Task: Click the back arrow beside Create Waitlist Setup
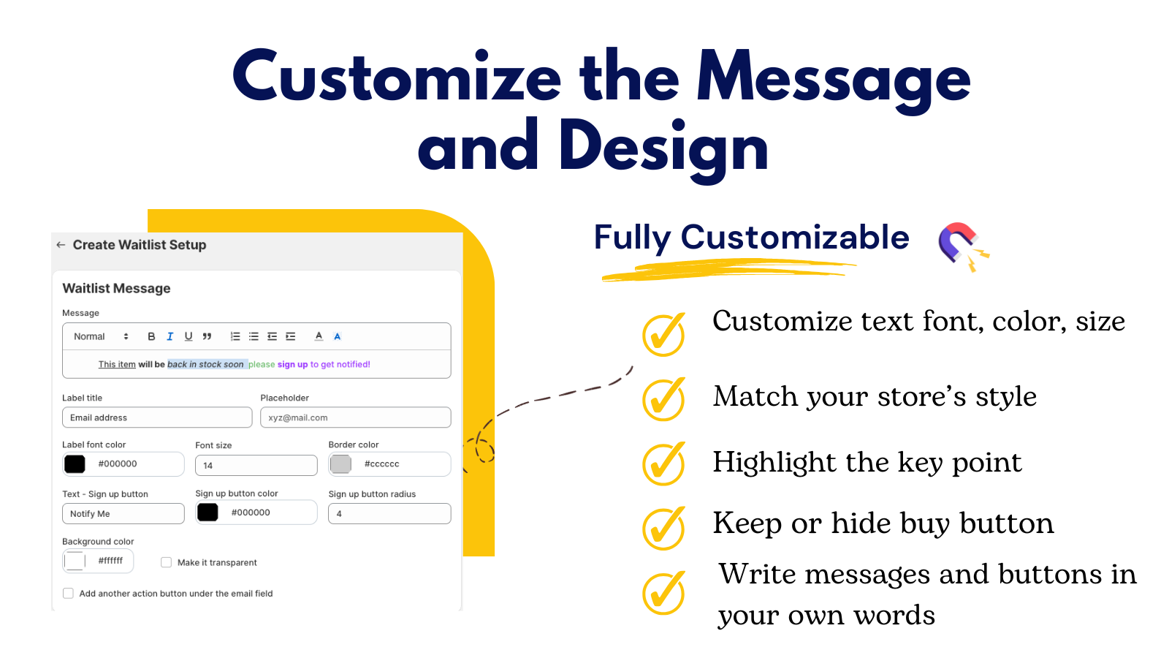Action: pyautogui.click(x=61, y=245)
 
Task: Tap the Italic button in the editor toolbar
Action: pyautogui.click(x=170, y=336)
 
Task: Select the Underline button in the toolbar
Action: pyautogui.click(x=189, y=336)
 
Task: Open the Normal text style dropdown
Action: pyautogui.click(x=101, y=336)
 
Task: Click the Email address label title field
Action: pyautogui.click(x=157, y=417)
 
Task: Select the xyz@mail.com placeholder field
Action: pyautogui.click(x=355, y=417)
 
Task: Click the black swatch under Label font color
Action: pyautogui.click(x=75, y=464)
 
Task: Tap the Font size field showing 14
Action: pyautogui.click(x=256, y=465)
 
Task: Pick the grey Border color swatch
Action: pyautogui.click(x=340, y=464)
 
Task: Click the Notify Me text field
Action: pyautogui.click(x=123, y=514)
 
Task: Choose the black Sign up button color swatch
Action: pyautogui.click(x=207, y=513)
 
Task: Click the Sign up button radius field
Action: pyautogui.click(x=389, y=514)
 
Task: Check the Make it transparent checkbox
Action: pyautogui.click(x=167, y=562)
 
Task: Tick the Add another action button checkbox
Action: pyautogui.click(x=68, y=594)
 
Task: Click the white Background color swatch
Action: pyautogui.click(x=75, y=561)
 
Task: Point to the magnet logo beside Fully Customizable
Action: pyautogui.click(x=962, y=246)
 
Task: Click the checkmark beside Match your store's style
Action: pyautogui.click(x=663, y=399)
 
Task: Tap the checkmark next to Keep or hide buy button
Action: pyautogui.click(x=663, y=528)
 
